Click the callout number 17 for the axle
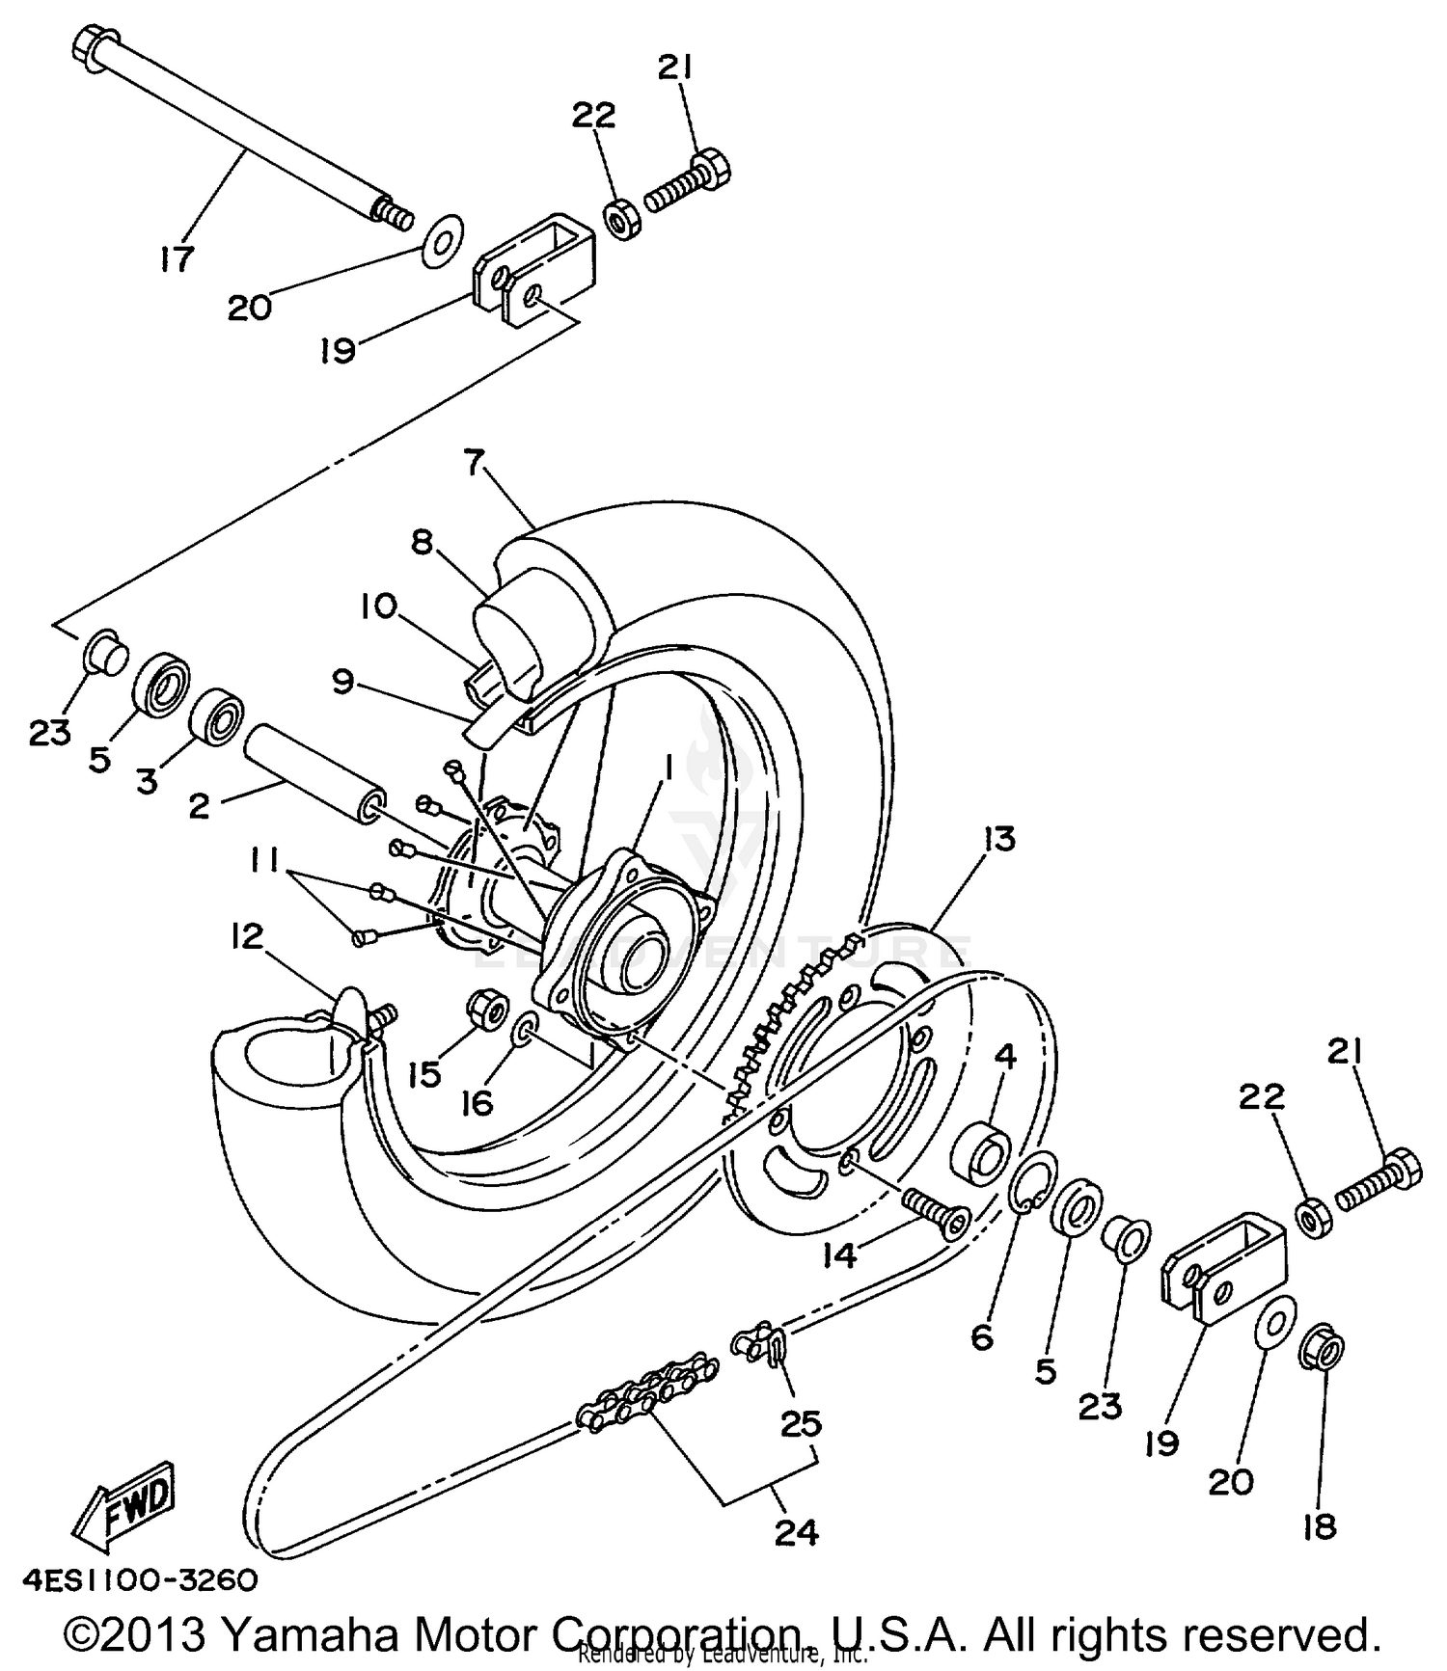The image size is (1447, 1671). click(x=177, y=258)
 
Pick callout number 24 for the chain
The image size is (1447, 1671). click(x=797, y=1531)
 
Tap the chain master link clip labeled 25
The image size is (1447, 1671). click(x=763, y=1342)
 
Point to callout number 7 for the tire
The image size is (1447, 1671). click(x=472, y=464)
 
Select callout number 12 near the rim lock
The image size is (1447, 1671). click(x=246, y=935)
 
